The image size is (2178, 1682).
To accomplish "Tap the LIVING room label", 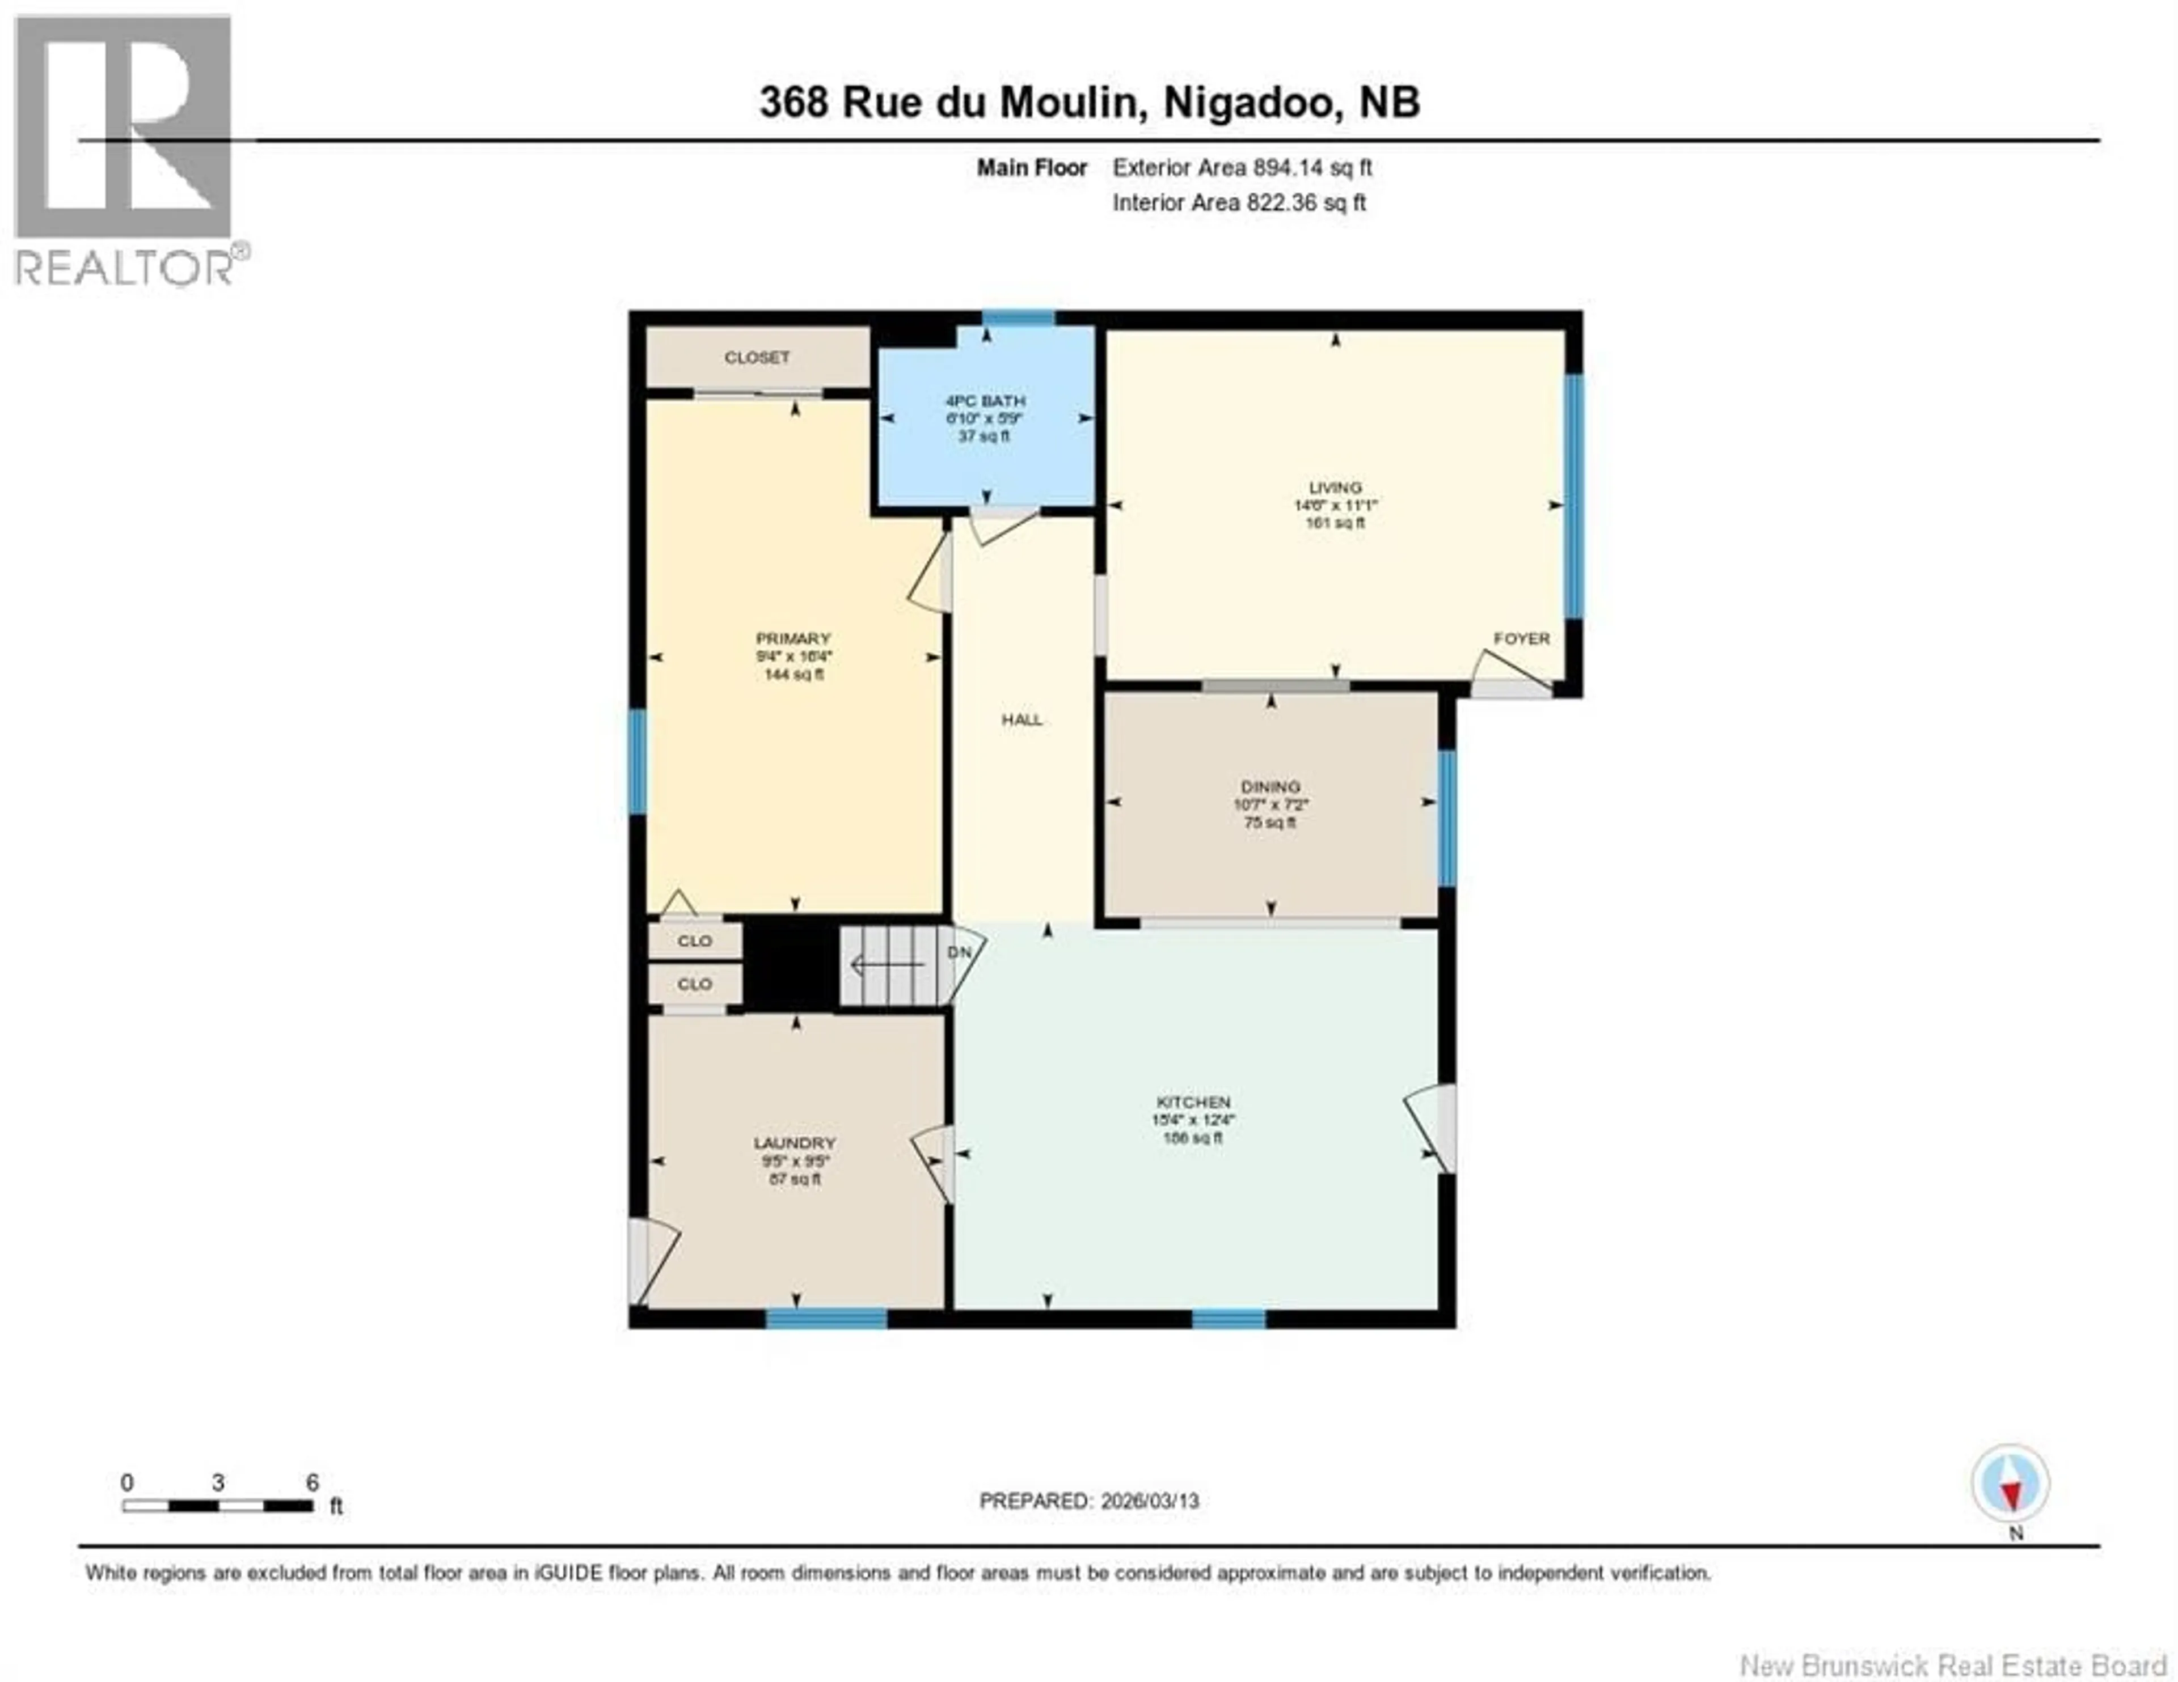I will point(1335,488).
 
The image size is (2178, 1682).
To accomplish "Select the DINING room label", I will point(1270,787).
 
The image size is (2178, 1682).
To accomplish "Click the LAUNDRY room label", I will point(794,1143).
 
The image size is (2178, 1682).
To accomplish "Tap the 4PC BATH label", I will point(985,401).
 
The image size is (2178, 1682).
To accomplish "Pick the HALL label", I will point(1022,719).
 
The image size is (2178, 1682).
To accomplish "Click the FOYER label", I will point(1521,638).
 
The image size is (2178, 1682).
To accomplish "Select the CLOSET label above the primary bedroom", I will point(757,357).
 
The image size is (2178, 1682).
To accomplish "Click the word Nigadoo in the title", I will point(1251,103).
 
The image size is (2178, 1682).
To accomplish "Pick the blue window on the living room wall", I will point(1574,495).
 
